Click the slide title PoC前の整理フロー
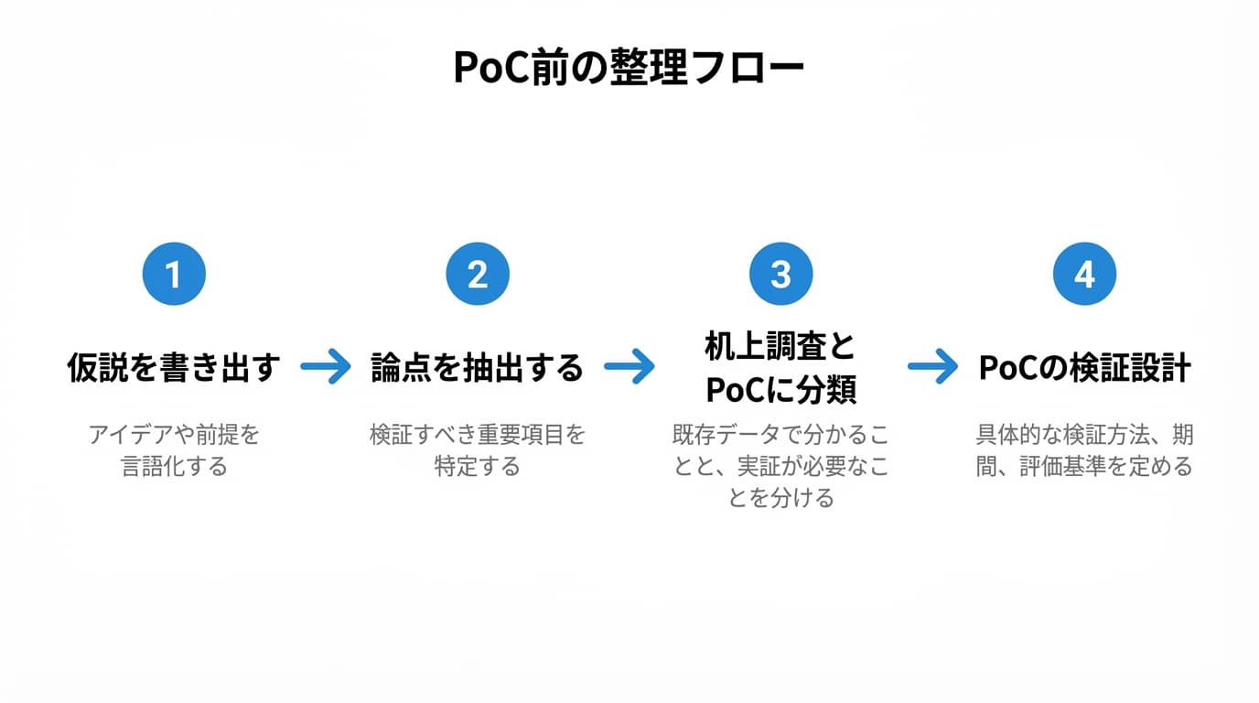pos(629,69)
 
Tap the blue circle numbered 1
pos(174,274)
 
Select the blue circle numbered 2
pos(477,274)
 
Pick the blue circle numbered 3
pos(780,274)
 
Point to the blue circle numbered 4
pos(1084,274)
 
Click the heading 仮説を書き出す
pos(174,368)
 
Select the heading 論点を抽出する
pos(477,368)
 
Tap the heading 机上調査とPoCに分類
pos(780,368)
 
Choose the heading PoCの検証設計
pos(1084,368)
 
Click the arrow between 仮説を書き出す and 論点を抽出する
pos(326,368)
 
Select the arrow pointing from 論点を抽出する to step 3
pos(629,368)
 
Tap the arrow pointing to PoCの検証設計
pos(933,368)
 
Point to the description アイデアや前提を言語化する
pos(174,449)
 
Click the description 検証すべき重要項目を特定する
pos(477,449)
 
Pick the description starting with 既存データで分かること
pos(780,465)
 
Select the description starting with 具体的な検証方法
pos(1084,449)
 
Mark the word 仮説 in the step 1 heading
pos(94,368)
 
